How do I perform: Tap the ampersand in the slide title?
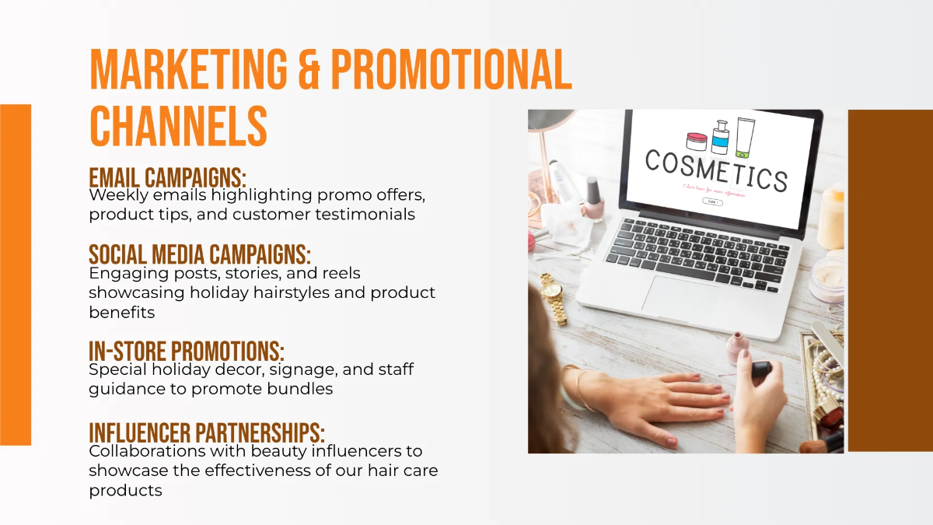[308, 70]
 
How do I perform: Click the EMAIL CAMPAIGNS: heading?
[167, 177]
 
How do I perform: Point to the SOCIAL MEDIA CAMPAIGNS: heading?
[200, 254]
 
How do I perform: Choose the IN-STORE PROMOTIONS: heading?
[187, 352]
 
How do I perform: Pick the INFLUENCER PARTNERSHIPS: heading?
[207, 432]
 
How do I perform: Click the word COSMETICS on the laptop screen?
[716, 170]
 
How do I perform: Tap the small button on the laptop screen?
[712, 201]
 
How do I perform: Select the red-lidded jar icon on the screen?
[697, 141]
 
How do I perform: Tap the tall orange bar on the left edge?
[16, 275]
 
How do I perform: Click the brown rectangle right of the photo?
[889, 280]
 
